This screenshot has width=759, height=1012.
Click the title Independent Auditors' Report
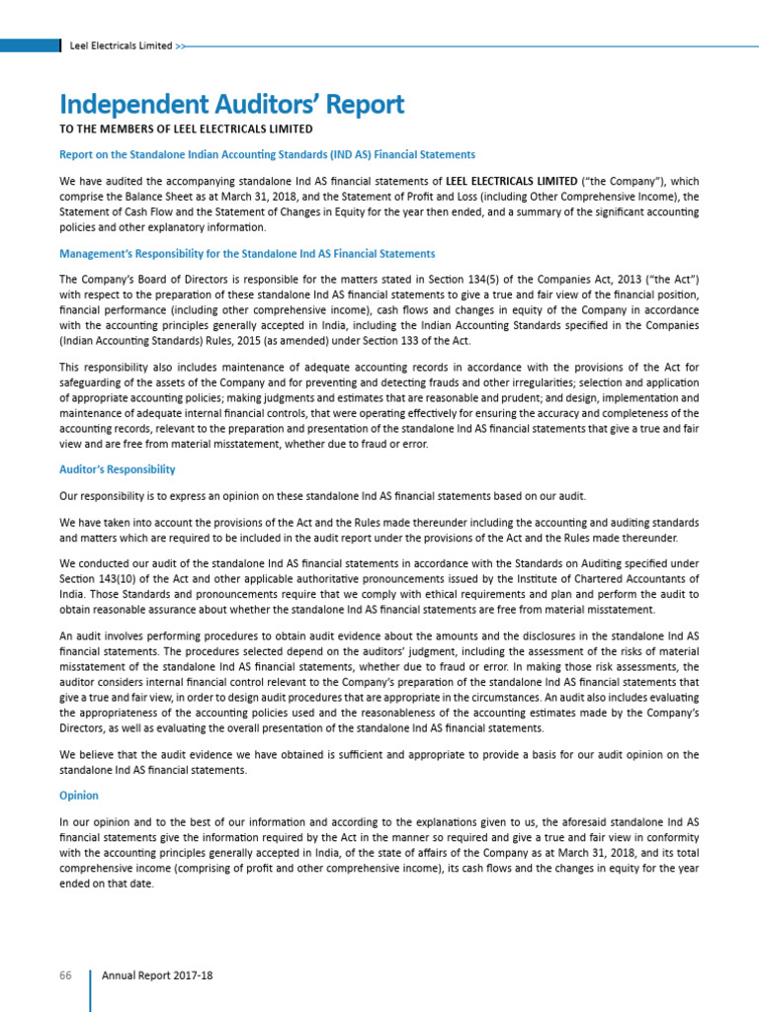point(231,104)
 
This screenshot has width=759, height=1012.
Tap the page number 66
point(66,974)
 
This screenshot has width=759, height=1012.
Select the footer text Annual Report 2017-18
point(157,974)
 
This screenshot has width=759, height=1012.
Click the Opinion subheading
point(79,796)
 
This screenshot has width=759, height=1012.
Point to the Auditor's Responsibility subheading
point(118,469)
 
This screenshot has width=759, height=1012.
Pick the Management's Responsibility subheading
point(247,255)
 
